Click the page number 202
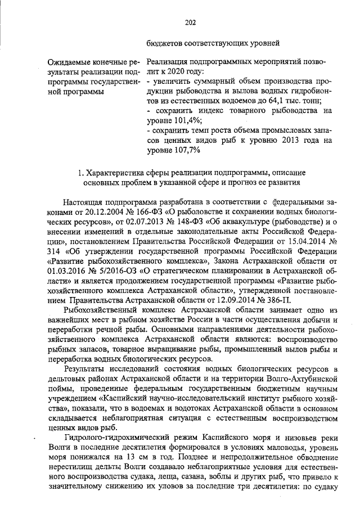190,22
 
